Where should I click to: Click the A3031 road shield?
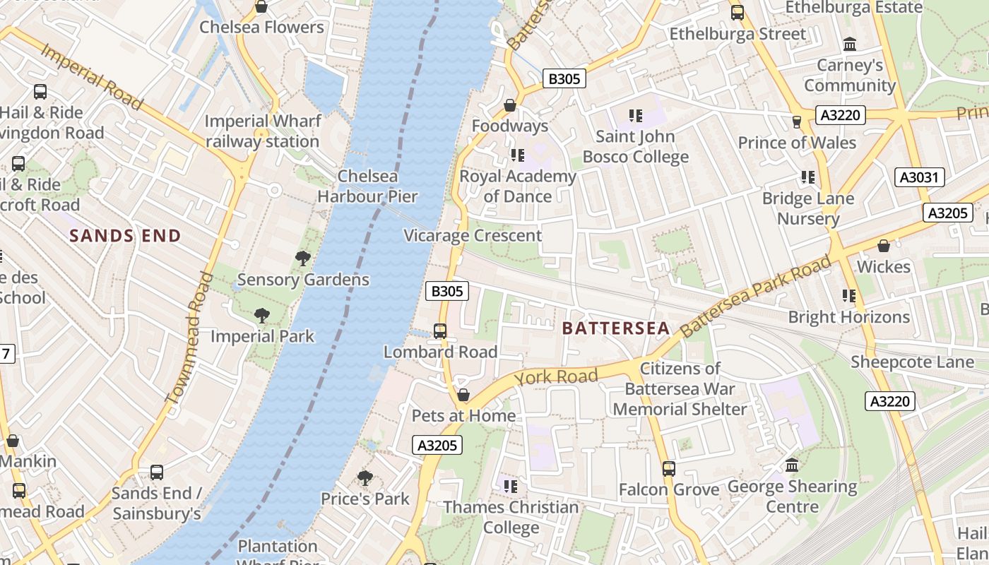click(920, 177)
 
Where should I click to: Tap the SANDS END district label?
click(126, 236)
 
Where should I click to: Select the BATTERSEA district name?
click(615, 328)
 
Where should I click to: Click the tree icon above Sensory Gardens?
click(303, 258)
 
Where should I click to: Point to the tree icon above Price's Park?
click(365, 478)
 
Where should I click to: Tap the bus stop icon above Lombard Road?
click(440, 331)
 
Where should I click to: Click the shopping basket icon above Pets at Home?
click(463, 395)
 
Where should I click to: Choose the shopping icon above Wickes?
click(883, 246)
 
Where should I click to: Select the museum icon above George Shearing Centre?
click(792, 465)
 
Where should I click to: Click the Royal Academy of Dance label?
click(518, 186)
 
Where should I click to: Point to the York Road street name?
click(556, 376)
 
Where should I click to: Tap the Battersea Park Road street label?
click(756, 296)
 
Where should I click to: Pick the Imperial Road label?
click(92, 76)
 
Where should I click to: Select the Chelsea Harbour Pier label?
click(367, 186)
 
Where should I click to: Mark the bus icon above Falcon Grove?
click(668, 468)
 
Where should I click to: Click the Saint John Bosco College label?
click(636, 147)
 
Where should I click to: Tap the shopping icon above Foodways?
click(509, 105)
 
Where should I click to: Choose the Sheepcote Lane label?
click(912, 362)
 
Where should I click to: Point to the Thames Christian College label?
click(511, 517)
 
